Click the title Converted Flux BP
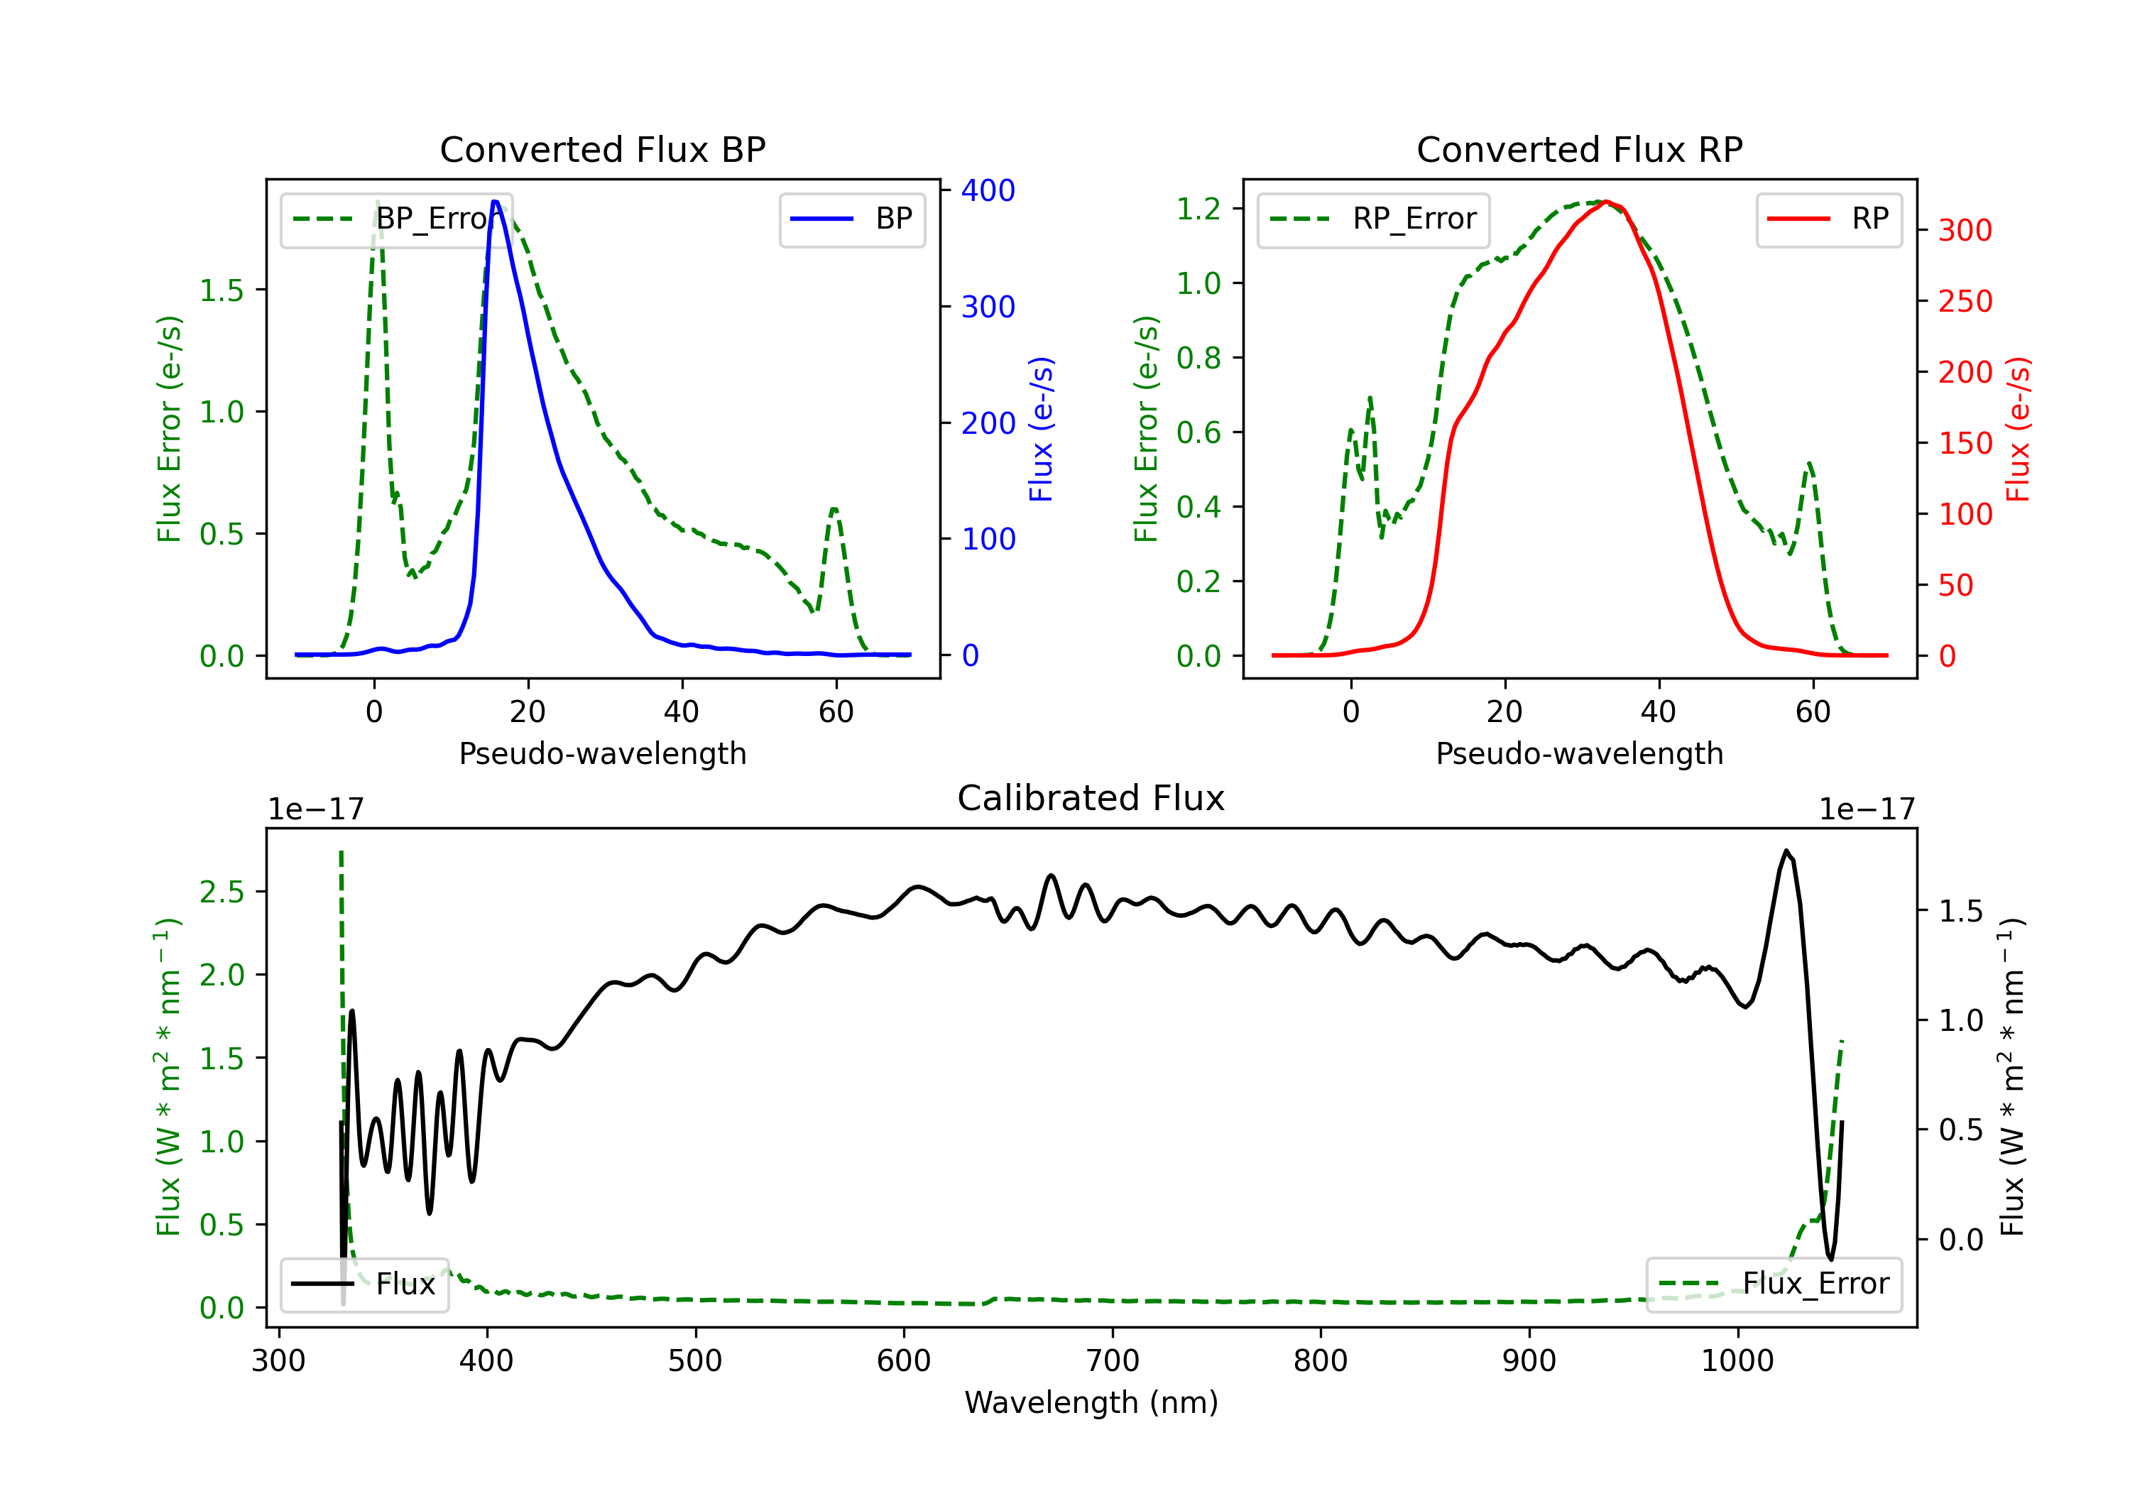(x=603, y=149)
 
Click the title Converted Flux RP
(x=1580, y=149)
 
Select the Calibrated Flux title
(x=1091, y=798)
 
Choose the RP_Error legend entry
(x=1373, y=219)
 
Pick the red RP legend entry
(x=1828, y=219)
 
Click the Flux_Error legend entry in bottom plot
(x=1774, y=1284)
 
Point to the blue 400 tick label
(x=988, y=190)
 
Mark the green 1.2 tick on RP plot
(x=1198, y=209)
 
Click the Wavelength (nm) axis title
(x=1091, y=1403)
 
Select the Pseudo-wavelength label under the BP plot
(x=603, y=753)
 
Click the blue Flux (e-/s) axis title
(x=1042, y=430)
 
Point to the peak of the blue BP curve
(x=496, y=202)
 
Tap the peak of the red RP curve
(x=1607, y=202)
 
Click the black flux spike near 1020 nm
(x=1786, y=851)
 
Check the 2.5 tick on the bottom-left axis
(x=222, y=892)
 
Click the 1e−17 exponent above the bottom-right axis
(x=1867, y=810)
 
